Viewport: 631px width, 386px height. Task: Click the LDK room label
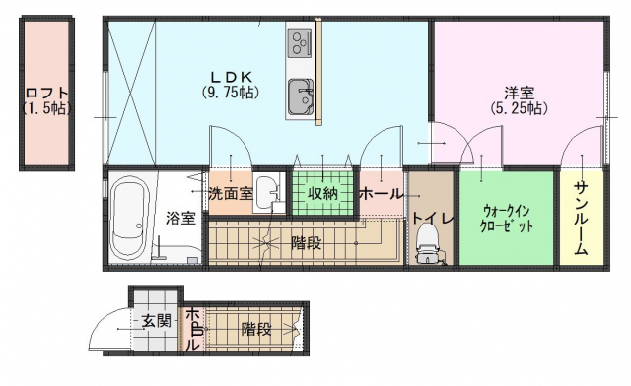tap(232, 77)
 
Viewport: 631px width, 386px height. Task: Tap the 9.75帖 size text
tap(230, 93)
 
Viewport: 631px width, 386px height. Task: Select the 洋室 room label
tap(520, 94)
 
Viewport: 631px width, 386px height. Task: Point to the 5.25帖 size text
tap(520, 108)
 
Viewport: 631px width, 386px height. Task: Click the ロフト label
tap(46, 94)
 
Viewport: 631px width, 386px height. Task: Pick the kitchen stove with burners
tap(300, 42)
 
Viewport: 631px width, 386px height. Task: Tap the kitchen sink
tap(301, 96)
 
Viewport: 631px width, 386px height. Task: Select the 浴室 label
tap(180, 219)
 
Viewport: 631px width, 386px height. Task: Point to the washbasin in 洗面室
tap(265, 194)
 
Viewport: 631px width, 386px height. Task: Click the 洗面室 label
tap(231, 194)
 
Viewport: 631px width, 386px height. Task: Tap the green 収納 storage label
tap(322, 194)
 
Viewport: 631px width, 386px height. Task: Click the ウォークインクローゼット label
tap(507, 219)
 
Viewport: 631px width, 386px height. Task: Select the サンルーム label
tap(581, 218)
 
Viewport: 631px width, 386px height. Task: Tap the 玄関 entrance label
tap(157, 321)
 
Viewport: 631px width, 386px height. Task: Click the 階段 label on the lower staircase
tap(256, 330)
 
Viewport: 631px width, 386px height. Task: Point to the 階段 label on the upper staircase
tap(307, 243)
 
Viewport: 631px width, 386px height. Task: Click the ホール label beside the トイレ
tap(382, 194)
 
